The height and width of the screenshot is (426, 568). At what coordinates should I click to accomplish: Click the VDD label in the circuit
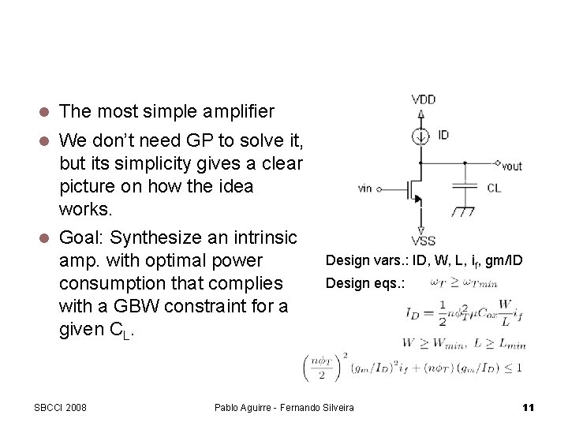click(423, 100)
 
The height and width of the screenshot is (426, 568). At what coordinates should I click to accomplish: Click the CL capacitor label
click(493, 189)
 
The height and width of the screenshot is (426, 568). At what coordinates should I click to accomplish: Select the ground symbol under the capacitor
click(465, 211)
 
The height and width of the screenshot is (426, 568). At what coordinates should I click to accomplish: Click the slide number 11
click(529, 407)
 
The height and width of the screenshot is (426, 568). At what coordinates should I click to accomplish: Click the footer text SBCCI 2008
click(60, 407)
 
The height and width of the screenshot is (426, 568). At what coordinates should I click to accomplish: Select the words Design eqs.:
click(365, 282)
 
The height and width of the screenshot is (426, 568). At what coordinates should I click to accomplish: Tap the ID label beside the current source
click(443, 136)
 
